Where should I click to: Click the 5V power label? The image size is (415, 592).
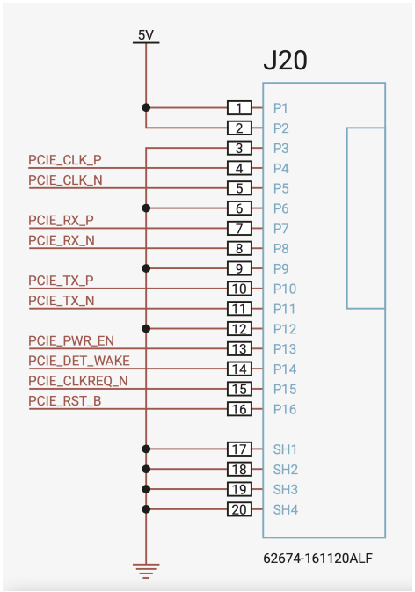pyautogui.click(x=146, y=35)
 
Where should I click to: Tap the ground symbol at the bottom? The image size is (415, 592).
pyautogui.click(x=146, y=571)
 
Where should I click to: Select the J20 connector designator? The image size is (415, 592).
pyautogui.click(x=285, y=60)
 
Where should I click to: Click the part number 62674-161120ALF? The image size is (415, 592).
pyautogui.click(x=317, y=558)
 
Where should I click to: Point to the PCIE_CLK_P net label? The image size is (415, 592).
pyautogui.click(x=65, y=160)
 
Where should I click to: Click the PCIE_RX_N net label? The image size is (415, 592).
pyautogui.click(x=62, y=240)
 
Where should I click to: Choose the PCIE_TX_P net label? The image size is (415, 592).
pyautogui.click(x=62, y=281)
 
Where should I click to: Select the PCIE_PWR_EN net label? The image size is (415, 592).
pyautogui.click(x=71, y=341)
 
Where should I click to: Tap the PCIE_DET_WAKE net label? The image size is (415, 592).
pyautogui.click(x=79, y=361)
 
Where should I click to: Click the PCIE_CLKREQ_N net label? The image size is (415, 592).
pyautogui.click(x=78, y=381)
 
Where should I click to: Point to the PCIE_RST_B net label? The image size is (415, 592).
pyautogui.click(x=65, y=401)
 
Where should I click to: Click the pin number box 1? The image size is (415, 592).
pyautogui.click(x=239, y=108)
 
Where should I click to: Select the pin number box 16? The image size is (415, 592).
pyautogui.click(x=239, y=409)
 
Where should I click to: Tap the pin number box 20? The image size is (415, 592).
pyautogui.click(x=239, y=509)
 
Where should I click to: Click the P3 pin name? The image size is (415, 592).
pyautogui.click(x=281, y=149)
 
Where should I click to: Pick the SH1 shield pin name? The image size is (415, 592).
pyautogui.click(x=285, y=449)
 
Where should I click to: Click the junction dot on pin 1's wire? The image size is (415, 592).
pyautogui.click(x=146, y=108)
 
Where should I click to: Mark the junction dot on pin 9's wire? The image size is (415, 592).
pyautogui.click(x=146, y=268)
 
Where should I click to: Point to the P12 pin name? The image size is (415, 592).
pyautogui.click(x=285, y=329)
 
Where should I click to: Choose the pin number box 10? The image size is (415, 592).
pyautogui.click(x=239, y=289)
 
